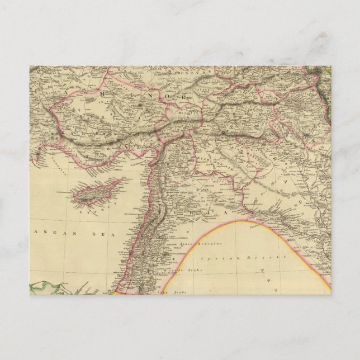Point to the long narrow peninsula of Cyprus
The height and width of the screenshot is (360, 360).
pyautogui.click(x=114, y=183)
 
